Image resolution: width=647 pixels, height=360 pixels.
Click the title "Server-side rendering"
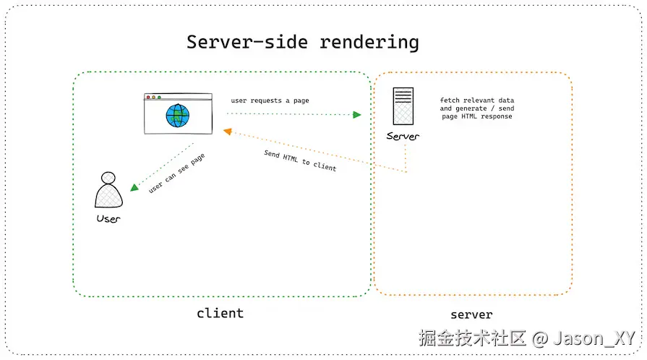[302, 41]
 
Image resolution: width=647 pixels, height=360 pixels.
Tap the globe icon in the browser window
[177, 116]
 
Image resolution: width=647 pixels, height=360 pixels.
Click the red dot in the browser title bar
[149, 97]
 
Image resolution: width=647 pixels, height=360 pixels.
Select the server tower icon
[403, 108]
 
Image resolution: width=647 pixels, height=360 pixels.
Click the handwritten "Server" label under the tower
[403, 137]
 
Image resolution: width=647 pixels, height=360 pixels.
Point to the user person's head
[108, 178]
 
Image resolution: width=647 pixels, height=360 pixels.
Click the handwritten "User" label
[108, 218]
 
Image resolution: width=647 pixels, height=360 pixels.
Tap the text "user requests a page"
[270, 100]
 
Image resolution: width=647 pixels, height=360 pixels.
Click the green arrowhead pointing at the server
[356, 114]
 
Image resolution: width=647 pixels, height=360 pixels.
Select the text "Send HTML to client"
[299, 160]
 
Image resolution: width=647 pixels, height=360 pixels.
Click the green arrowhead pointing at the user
[134, 187]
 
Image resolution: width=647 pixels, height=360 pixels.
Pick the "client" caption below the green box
[220, 313]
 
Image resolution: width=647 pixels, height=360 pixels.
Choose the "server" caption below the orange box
[471, 314]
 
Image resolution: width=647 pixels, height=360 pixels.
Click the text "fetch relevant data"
[477, 100]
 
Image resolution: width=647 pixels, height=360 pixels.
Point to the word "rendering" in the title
[369, 41]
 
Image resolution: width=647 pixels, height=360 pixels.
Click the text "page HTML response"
[476, 116]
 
